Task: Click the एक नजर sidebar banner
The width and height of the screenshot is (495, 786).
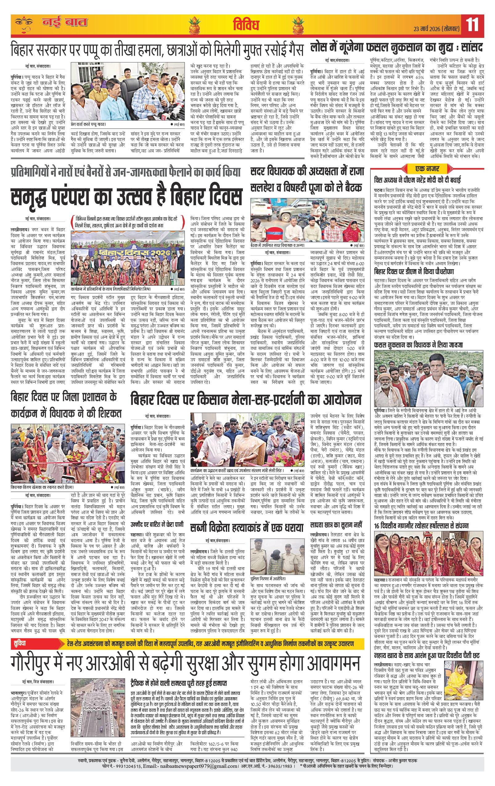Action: [x=427, y=169]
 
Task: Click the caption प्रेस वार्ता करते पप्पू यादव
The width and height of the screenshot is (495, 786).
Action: [x=88, y=125]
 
